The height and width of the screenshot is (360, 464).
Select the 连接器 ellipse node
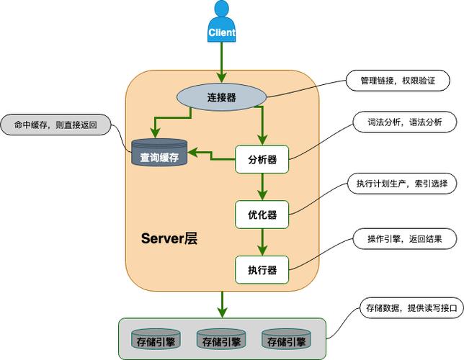[222, 97]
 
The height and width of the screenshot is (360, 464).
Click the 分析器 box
[262, 159]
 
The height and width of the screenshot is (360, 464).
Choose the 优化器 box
[262, 214]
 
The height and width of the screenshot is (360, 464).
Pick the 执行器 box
[262, 269]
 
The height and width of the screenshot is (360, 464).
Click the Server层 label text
[169, 238]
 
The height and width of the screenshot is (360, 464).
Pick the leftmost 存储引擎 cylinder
[153, 340]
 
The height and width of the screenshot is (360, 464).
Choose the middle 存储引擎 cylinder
[218, 340]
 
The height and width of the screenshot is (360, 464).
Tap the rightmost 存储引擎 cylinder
[283, 340]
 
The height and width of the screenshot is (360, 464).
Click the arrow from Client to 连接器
[222, 61]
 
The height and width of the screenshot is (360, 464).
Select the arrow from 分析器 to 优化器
[262, 186]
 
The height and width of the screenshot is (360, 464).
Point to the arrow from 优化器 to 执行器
[262, 241]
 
